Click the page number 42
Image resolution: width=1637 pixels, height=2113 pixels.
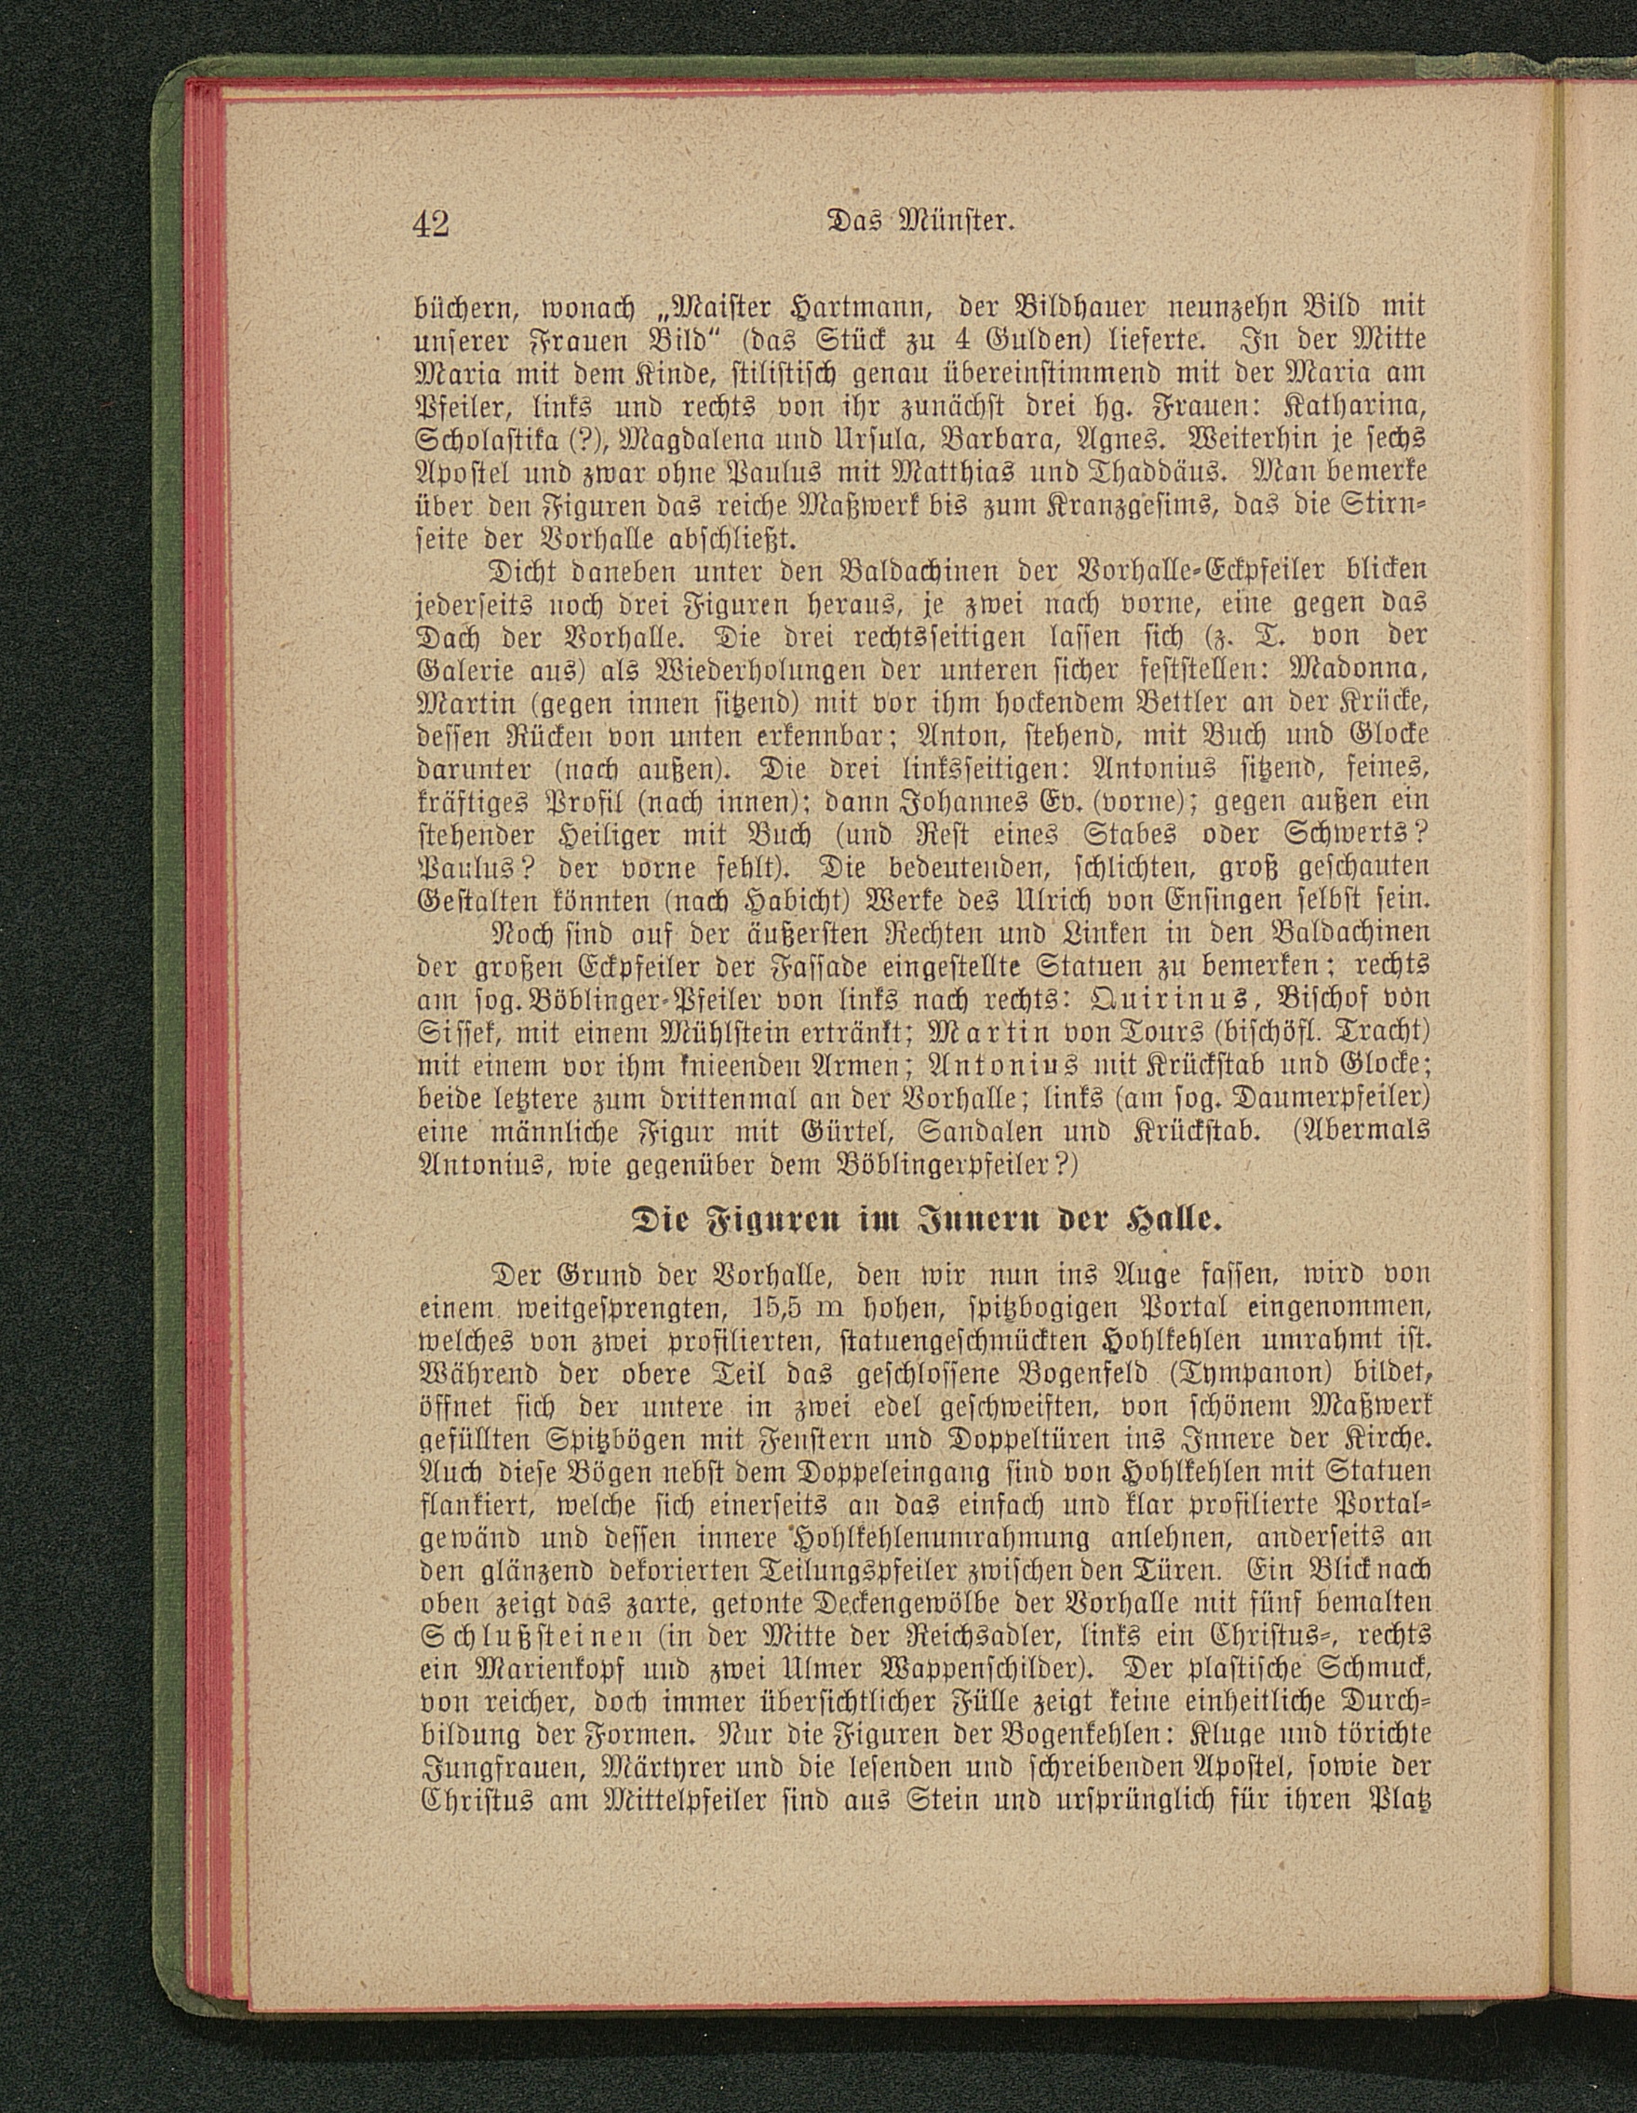[x=431, y=223]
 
